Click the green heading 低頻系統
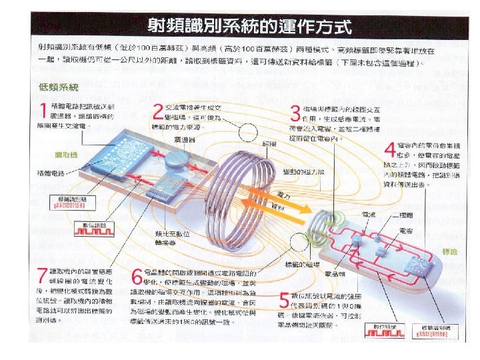(59, 87)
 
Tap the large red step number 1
(43, 111)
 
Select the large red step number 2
(157, 111)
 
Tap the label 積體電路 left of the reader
(50, 173)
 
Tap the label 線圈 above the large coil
(270, 144)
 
